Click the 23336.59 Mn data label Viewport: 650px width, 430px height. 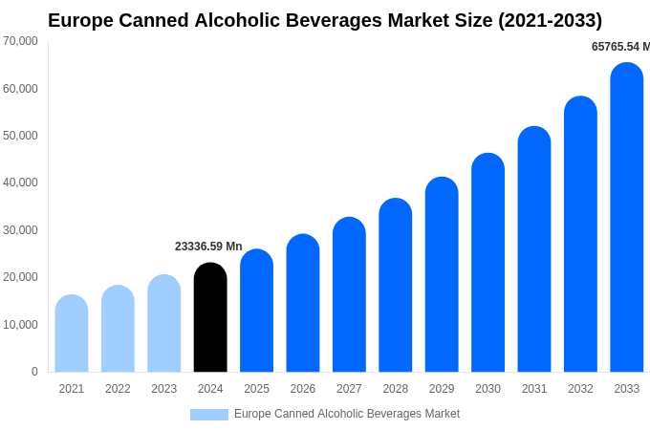208,247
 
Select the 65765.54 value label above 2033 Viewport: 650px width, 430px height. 619,47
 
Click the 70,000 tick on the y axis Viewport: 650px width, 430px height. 21,41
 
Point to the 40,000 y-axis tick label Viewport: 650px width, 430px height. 21,183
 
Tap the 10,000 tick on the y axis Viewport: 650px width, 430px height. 21,325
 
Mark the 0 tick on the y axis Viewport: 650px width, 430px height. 34,372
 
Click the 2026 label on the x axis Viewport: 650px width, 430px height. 303,389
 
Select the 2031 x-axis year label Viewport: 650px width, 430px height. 534,389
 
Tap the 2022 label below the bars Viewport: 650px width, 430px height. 118,389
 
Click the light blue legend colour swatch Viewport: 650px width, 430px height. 209,415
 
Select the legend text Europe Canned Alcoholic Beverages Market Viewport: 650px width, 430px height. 347,414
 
